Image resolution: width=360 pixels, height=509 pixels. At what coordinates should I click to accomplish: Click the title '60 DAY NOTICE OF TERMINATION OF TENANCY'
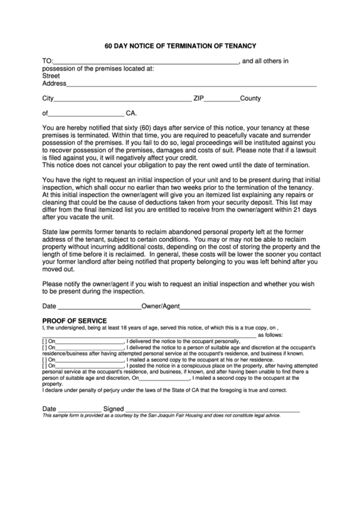pyautogui.click(x=180, y=46)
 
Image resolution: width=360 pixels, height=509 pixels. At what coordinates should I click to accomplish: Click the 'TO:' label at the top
pyautogui.click(x=48, y=61)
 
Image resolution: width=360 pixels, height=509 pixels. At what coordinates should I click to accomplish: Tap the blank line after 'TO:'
pyautogui.click(x=145, y=62)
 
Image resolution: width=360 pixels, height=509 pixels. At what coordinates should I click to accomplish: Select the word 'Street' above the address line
pyautogui.click(x=51, y=76)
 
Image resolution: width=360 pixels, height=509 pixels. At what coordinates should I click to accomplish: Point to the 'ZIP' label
pyautogui.click(x=199, y=99)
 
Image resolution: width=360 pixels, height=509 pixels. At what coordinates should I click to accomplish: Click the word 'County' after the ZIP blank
pyautogui.click(x=251, y=99)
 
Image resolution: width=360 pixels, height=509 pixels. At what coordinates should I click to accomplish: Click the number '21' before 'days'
pyautogui.click(x=290, y=209)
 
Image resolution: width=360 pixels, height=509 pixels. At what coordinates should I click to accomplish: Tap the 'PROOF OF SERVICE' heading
pyautogui.click(x=74, y=321)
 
